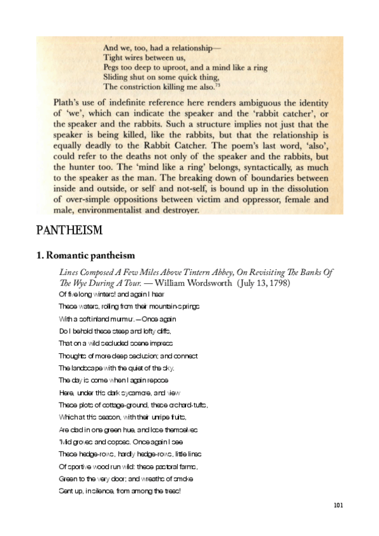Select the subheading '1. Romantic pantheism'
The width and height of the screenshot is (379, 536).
(85, 255)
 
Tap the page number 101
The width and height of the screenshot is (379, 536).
(337, 505)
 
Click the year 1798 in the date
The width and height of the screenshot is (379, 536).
(278, 283)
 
